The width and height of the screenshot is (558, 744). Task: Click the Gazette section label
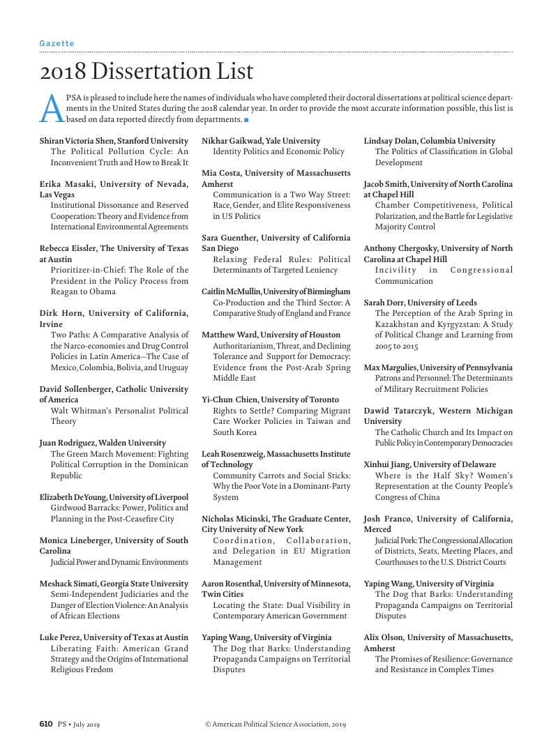(x=56, y=43)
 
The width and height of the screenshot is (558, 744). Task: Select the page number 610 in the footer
(x=46, y=724)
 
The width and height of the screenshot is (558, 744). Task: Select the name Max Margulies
(x=392, y=367)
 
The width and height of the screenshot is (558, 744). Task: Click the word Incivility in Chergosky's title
(x=395, y=270)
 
